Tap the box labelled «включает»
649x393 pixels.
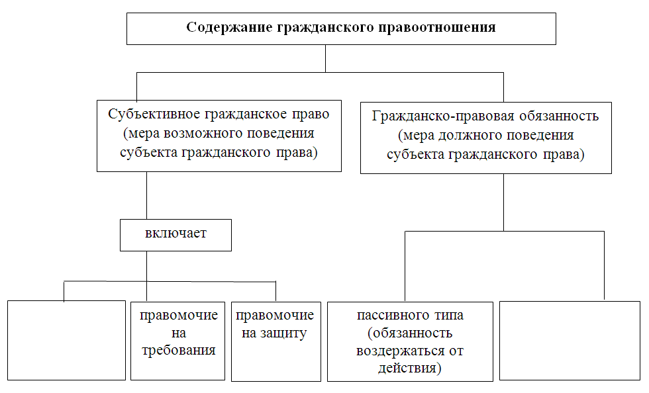(176, 235)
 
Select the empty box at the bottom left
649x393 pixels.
(67, 340)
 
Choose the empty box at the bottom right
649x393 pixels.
(570, 341)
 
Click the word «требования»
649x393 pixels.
(179, 351)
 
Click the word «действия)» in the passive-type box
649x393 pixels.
(410, 368)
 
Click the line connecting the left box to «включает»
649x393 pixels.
(147, 195)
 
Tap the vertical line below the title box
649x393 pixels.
(326, 58)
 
